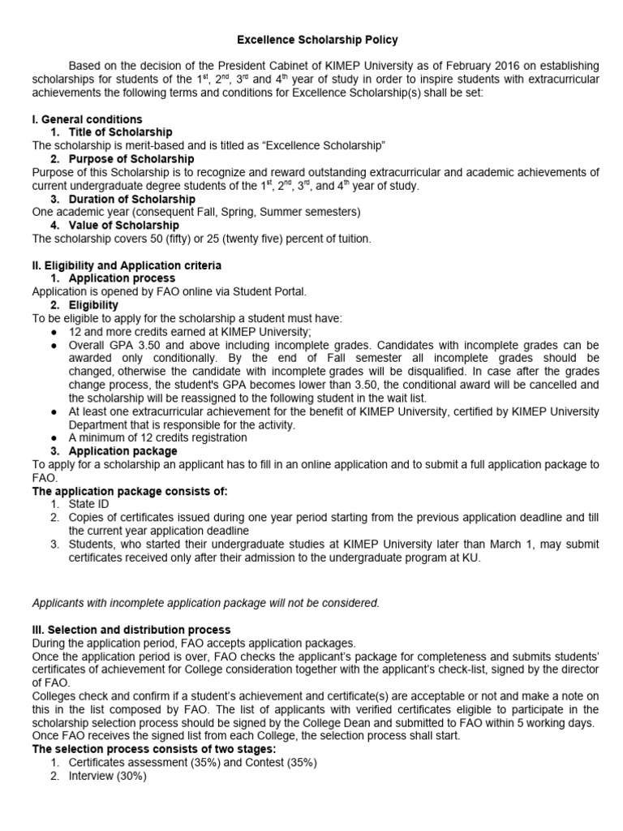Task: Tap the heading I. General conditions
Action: [87, 119]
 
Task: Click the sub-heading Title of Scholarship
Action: [120, 132]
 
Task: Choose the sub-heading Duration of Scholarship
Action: [131, 199]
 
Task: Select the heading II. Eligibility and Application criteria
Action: [126, 265]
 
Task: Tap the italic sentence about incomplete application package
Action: [205, 603]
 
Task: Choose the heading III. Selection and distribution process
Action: [131, 630]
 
